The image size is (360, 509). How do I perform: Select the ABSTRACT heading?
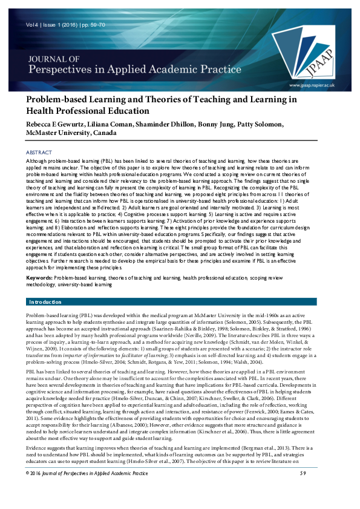click(39, 153)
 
